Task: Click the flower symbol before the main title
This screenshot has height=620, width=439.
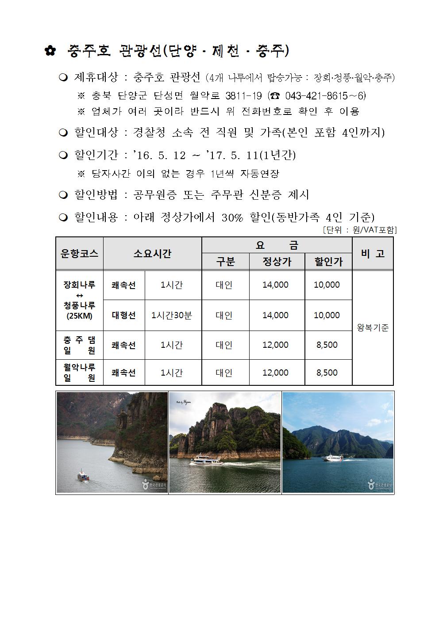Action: [50, 51]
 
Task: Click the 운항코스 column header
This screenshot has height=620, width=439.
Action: [79, 254]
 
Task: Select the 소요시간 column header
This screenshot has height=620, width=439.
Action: [152, 254]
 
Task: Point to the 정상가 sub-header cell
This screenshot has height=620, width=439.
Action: [277, 262]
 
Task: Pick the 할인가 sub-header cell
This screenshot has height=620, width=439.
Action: [328, 262]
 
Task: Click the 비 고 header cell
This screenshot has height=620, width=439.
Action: [373, 254]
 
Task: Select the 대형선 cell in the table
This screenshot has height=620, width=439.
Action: [123, 315]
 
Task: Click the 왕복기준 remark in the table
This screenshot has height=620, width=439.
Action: [373, 328]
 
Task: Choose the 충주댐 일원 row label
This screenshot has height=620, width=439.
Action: [79, 345]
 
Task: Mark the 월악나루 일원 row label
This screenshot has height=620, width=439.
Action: [79, 372]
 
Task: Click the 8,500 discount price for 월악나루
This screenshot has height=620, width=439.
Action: [327, 373]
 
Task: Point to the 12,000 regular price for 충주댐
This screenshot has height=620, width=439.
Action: [275, 345]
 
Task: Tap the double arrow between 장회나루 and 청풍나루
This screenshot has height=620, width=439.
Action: [79, 295]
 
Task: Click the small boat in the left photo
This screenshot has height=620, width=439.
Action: [83, 475]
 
